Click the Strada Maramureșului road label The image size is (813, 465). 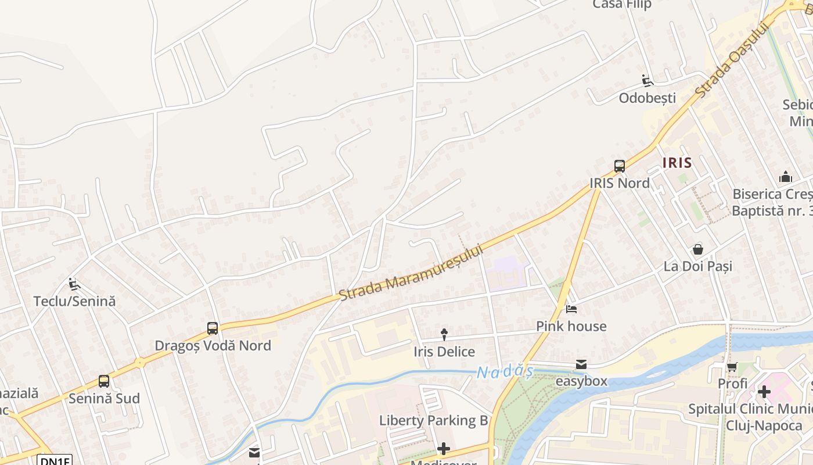click(x=411, y=272)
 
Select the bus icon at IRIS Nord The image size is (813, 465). click(x=620, y=166)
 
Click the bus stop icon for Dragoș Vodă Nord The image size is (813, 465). click(x=213, y=328)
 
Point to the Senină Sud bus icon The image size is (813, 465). click(x=104, y=381)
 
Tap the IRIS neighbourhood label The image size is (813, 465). click(x=677, y=163)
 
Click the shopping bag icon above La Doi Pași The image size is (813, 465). click(x=697, y=249)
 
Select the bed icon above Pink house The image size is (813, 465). click(x=571, y=309)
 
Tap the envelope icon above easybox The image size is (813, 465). click(x=581, y=364)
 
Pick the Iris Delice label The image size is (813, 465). click(x=444, y=352)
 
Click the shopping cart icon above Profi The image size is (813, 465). click(x=732, y=367)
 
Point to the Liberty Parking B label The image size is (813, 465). click(x=434, y=420)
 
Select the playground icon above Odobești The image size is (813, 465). click(x=647, y=81)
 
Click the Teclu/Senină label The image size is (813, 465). click(x=74, y=301)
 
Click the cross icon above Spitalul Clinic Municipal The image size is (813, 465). click(x=764, y=392)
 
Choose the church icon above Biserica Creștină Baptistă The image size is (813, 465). click(x=785, y=177)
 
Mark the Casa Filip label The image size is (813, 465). click(x=622, y=5)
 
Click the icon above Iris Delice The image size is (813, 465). click(x=444, y=334)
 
